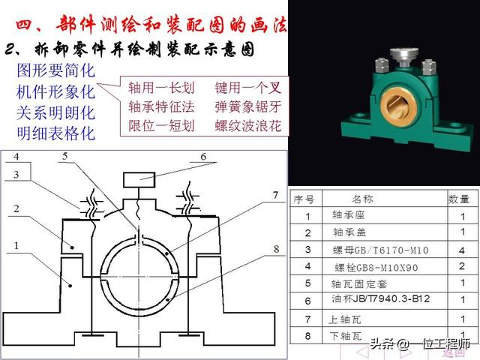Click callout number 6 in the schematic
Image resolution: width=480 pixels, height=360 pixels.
click(202, 156)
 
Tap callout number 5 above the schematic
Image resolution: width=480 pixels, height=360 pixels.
click(65, 156)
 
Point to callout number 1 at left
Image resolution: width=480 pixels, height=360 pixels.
click(16, 245)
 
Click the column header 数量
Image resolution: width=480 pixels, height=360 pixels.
click(458, 199)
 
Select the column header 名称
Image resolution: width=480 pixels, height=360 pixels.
click(357, 199)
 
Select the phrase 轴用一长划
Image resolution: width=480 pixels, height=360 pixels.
click(162, 86)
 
